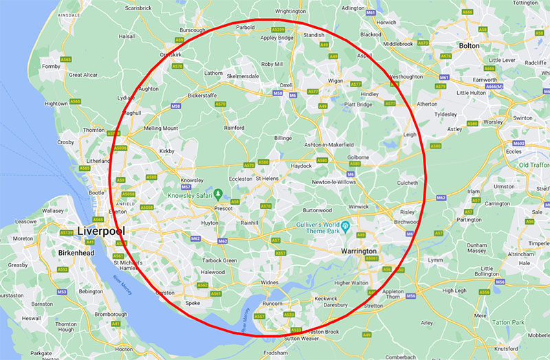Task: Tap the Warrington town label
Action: coord(359,251)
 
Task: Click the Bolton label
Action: coord(469,45)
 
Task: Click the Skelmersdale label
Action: coord(247,76)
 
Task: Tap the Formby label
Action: coord(52,67)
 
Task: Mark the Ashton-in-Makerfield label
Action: coord(333,146)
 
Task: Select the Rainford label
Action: coord(234,127)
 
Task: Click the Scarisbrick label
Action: coord(138,8)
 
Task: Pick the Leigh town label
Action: coord(410,135)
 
